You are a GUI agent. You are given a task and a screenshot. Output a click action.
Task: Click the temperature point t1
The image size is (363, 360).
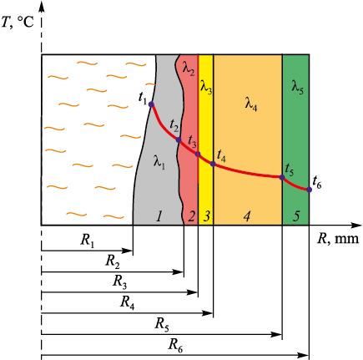click(x=151, y=104)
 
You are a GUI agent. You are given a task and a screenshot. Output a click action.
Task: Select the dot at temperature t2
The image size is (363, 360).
click(x=179, y=140)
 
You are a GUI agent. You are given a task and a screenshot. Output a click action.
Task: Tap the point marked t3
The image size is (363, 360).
click(x=198, y=155)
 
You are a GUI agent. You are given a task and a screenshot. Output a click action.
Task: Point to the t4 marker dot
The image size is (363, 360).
click(x=213, y=164)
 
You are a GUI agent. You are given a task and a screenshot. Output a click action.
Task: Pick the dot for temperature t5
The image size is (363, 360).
click(x=282, y=177)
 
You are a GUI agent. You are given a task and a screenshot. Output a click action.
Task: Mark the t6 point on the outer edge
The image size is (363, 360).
click(x=309, y=190)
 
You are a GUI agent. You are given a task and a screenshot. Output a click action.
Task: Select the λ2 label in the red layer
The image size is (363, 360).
click(x=189, y=69)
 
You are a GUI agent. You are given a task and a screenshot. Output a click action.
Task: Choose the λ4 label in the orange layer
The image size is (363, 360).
click(x=251, y=104)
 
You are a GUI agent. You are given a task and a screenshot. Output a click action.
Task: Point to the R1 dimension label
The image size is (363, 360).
click(x=88, y=241)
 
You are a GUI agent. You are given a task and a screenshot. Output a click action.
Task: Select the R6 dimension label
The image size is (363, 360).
click(x=175, y=346)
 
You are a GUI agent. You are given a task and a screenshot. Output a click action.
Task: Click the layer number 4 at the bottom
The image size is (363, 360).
click(x=247, y=216)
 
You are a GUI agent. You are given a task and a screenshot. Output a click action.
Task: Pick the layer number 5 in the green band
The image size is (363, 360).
click(x=296, y=216)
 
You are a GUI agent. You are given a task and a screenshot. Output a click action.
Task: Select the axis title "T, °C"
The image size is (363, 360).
click(x=18, y=23)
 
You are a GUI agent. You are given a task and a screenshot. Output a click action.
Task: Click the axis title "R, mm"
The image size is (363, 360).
click(x=338, y=239)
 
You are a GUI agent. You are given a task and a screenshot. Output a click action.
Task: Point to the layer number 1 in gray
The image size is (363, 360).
click(x=159, y=216)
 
